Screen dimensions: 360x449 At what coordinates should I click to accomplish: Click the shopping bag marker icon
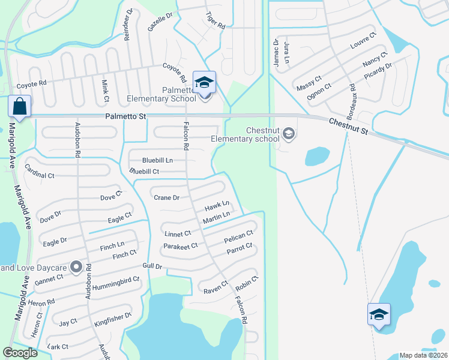[19, 107]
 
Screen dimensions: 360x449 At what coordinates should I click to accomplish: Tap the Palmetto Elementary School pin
[204, 82]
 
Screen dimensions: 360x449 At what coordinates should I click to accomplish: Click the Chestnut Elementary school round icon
[289, 133]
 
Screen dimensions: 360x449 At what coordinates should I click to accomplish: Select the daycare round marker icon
[76, 266]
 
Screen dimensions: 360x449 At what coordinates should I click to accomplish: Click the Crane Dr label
[167, 197]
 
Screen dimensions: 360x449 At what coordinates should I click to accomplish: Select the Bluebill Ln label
[157, 160]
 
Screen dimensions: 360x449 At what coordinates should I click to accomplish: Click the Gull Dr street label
[152, 266]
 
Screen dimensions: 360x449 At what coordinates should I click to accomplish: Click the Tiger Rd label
[215, 21]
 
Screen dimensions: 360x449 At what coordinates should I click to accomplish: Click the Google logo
[20, 353]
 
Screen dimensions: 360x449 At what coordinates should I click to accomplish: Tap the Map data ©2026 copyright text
[423, 355]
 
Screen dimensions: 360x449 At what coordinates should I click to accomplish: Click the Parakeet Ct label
[180, 246]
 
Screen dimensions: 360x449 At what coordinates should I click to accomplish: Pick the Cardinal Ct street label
[39, 175]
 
